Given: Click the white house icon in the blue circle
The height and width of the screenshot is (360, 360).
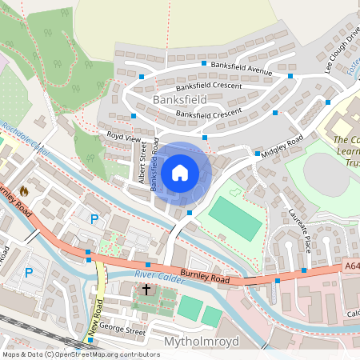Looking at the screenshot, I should (x=180, y=171).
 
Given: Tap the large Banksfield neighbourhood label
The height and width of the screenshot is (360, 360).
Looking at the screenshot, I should (x=178, y=99).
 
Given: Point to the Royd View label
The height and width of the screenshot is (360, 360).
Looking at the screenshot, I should (x=123, y=138).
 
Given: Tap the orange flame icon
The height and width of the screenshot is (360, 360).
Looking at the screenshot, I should (x=24, y=191).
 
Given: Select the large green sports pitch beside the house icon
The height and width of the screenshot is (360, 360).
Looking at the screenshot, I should (x=234, y=218).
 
